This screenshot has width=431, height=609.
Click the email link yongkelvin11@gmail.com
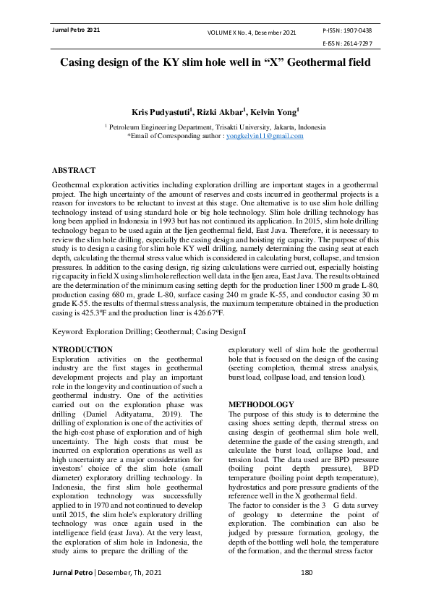[x=265, y=135]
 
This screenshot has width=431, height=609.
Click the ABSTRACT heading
[x=73, y=170]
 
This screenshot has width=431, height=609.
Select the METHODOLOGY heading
[x=261, y=404]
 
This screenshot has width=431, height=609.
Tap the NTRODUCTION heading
[x=83, y=349]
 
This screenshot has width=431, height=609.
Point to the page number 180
[x=306, y=593]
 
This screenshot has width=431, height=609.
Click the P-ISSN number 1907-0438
[x=357, y=31]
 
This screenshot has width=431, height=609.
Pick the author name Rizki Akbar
[x=223, y=112]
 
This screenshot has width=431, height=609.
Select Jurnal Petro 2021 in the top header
[x=73, y=30]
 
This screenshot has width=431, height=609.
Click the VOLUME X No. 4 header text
[x=233, y=33]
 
